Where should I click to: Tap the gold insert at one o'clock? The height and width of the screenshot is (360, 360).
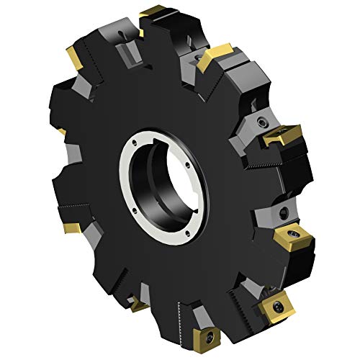click(x=214, y=56)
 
